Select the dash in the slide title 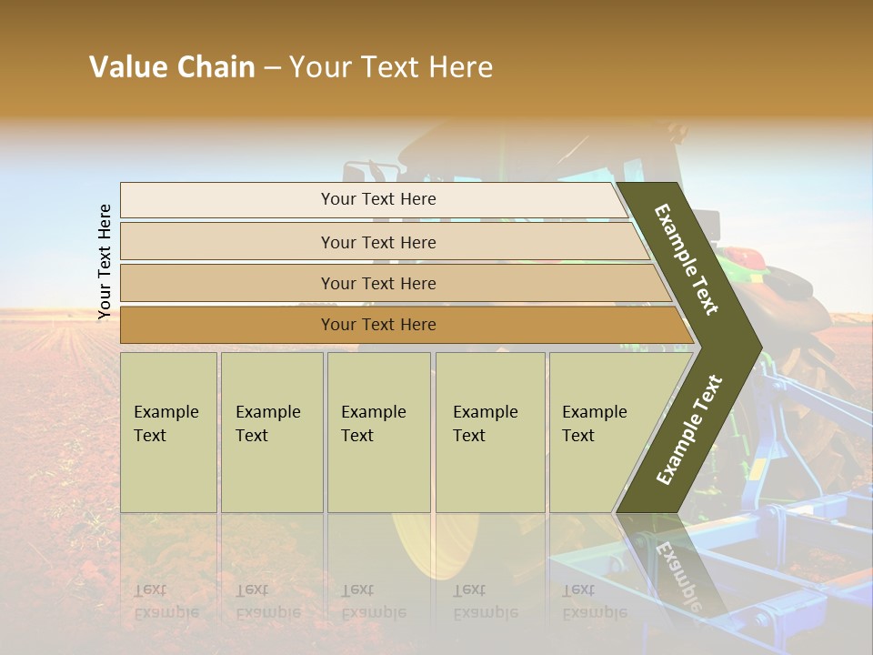click(x=272, y=68)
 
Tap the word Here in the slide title click(x=460, y=67)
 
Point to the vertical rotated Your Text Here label click(x=105, y=262)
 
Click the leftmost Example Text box click(x=168, y=432)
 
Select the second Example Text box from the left click(x=272, y=432)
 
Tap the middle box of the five click(x=378, y=432)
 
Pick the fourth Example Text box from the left click(x=490, y=432)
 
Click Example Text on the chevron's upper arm click(x=687, y=259)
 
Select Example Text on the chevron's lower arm click(x=689, y=430)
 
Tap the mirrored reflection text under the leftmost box click(x=166, y=601)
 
